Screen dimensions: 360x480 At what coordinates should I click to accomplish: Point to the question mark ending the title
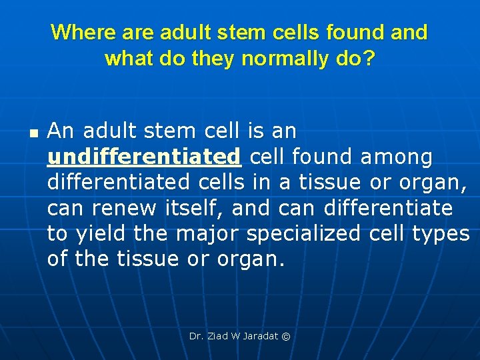coord(369,59)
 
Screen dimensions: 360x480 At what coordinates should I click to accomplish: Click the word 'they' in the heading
coord(212,59)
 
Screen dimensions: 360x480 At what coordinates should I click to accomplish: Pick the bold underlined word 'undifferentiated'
coord(144,157)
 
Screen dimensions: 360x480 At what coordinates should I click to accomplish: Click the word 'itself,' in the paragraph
coord(195,208)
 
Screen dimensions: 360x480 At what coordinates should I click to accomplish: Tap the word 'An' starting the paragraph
coord(61,131)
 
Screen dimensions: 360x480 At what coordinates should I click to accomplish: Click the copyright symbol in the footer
coord(286,336)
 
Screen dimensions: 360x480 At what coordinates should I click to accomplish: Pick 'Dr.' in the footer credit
coord(196,336)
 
